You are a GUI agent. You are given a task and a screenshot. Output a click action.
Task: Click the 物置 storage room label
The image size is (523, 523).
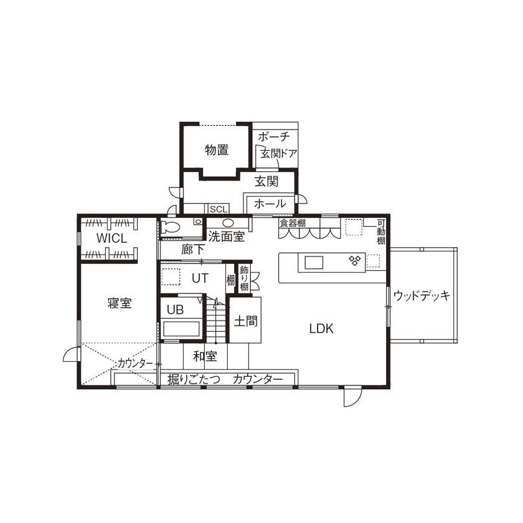[x=216, y=150]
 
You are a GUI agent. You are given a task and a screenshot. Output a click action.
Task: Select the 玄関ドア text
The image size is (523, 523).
[x=278, y=153]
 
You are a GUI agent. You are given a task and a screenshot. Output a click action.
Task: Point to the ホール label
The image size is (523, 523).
[x=270, y=204]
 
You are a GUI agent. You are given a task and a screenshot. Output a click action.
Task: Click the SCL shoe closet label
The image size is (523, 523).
[x=218, y=209]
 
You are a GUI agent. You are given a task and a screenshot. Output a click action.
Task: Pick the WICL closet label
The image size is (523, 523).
[x=111, y=238]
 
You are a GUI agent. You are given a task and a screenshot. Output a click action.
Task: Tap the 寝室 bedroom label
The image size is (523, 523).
[x=119, y=303]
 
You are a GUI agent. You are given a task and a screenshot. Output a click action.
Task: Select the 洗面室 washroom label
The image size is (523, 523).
[x=226, y=237]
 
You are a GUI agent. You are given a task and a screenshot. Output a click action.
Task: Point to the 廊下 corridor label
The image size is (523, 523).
[x=193, y=250]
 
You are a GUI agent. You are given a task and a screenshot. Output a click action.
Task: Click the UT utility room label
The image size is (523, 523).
[x=200, y=278]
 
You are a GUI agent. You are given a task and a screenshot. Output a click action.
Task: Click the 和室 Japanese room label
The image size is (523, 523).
[x=204, y=356]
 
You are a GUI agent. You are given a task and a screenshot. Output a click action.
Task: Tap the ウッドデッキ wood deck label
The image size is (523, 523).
[x=422, y=296]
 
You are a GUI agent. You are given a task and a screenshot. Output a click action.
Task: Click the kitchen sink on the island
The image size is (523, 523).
[x=314, y=262]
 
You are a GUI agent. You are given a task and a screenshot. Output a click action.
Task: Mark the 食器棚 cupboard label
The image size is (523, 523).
[x=292, y=222]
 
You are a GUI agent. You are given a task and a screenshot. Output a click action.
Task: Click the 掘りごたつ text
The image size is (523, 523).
[x=194, y=379]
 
